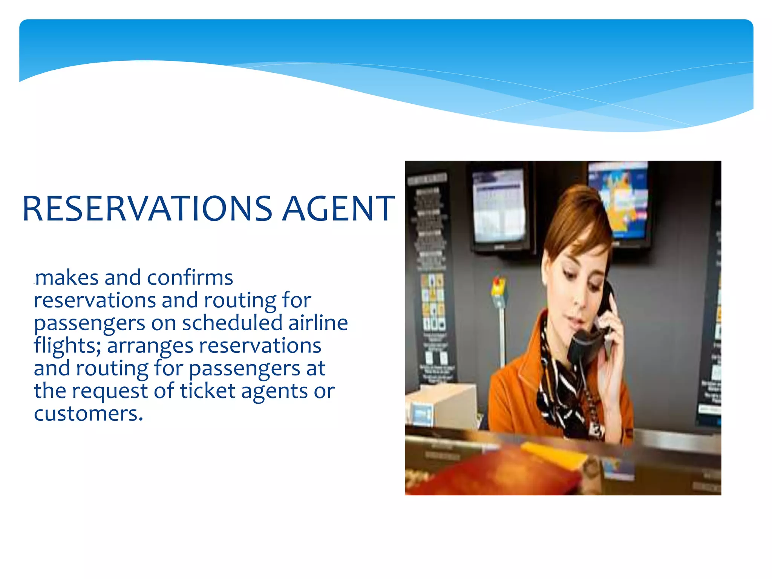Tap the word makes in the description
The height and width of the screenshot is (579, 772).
point(67,278)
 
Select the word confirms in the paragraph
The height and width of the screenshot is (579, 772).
point(190,278)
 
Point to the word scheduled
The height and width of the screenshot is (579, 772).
point(232,323)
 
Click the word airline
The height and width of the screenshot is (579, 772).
point(318,323)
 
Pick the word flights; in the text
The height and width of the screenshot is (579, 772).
point(67,346)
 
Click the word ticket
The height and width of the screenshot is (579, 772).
point(208,391)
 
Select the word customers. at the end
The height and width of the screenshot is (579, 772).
point(89,414)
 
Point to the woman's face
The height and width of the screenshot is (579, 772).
point(577,286)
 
